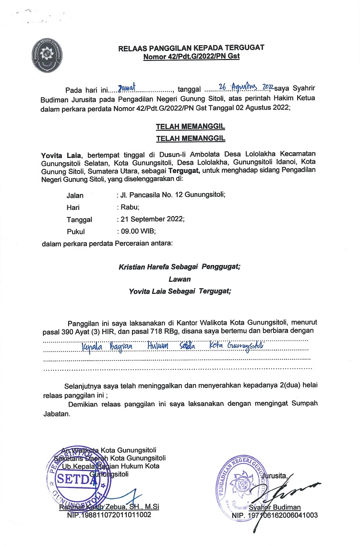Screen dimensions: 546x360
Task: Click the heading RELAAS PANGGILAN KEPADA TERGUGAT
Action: click(x=192, y=48)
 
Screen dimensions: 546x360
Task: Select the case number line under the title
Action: click(x=192, y=56)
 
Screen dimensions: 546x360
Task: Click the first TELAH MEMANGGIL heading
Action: click(x=191, y=127)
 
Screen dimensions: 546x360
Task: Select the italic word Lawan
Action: click(x=180, y=279)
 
